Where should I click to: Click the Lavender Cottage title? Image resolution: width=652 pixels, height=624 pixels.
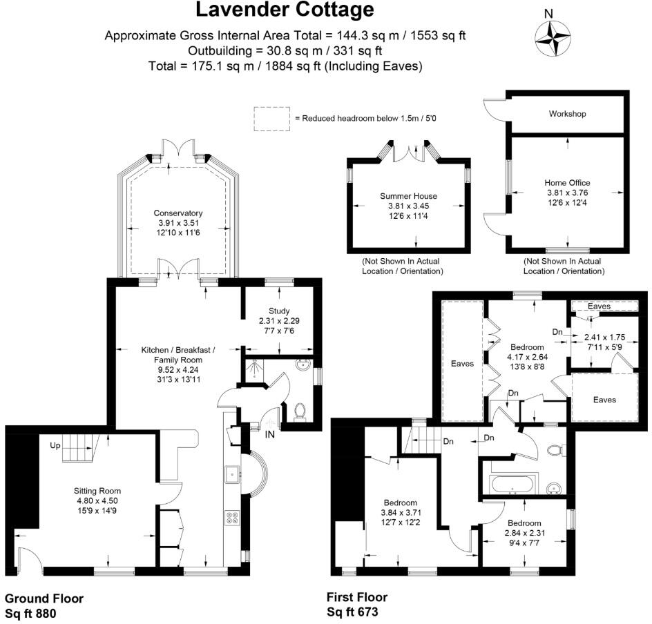tap(285, 10)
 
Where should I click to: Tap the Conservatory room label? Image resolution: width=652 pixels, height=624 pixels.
tap(178, 213)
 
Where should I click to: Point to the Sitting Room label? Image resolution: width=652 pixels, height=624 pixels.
tap(97, 491)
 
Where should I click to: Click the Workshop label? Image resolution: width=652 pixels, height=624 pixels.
tap(567, 113)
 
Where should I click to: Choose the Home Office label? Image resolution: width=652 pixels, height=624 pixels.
tap(567, 183)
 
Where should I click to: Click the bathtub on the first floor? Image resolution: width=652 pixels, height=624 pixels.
tap(512, 485)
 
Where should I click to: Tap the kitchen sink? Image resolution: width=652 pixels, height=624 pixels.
tap(231, 474)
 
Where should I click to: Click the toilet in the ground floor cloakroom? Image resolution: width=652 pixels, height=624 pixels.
tap(300, 412)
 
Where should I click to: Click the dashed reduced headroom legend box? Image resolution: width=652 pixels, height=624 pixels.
tap(271, 119)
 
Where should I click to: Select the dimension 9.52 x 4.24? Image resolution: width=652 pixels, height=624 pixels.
tap(178, 369)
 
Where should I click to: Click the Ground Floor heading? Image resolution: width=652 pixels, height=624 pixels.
tap(44, 598)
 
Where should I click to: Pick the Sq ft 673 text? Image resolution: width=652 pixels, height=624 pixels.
tap(352, 612)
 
